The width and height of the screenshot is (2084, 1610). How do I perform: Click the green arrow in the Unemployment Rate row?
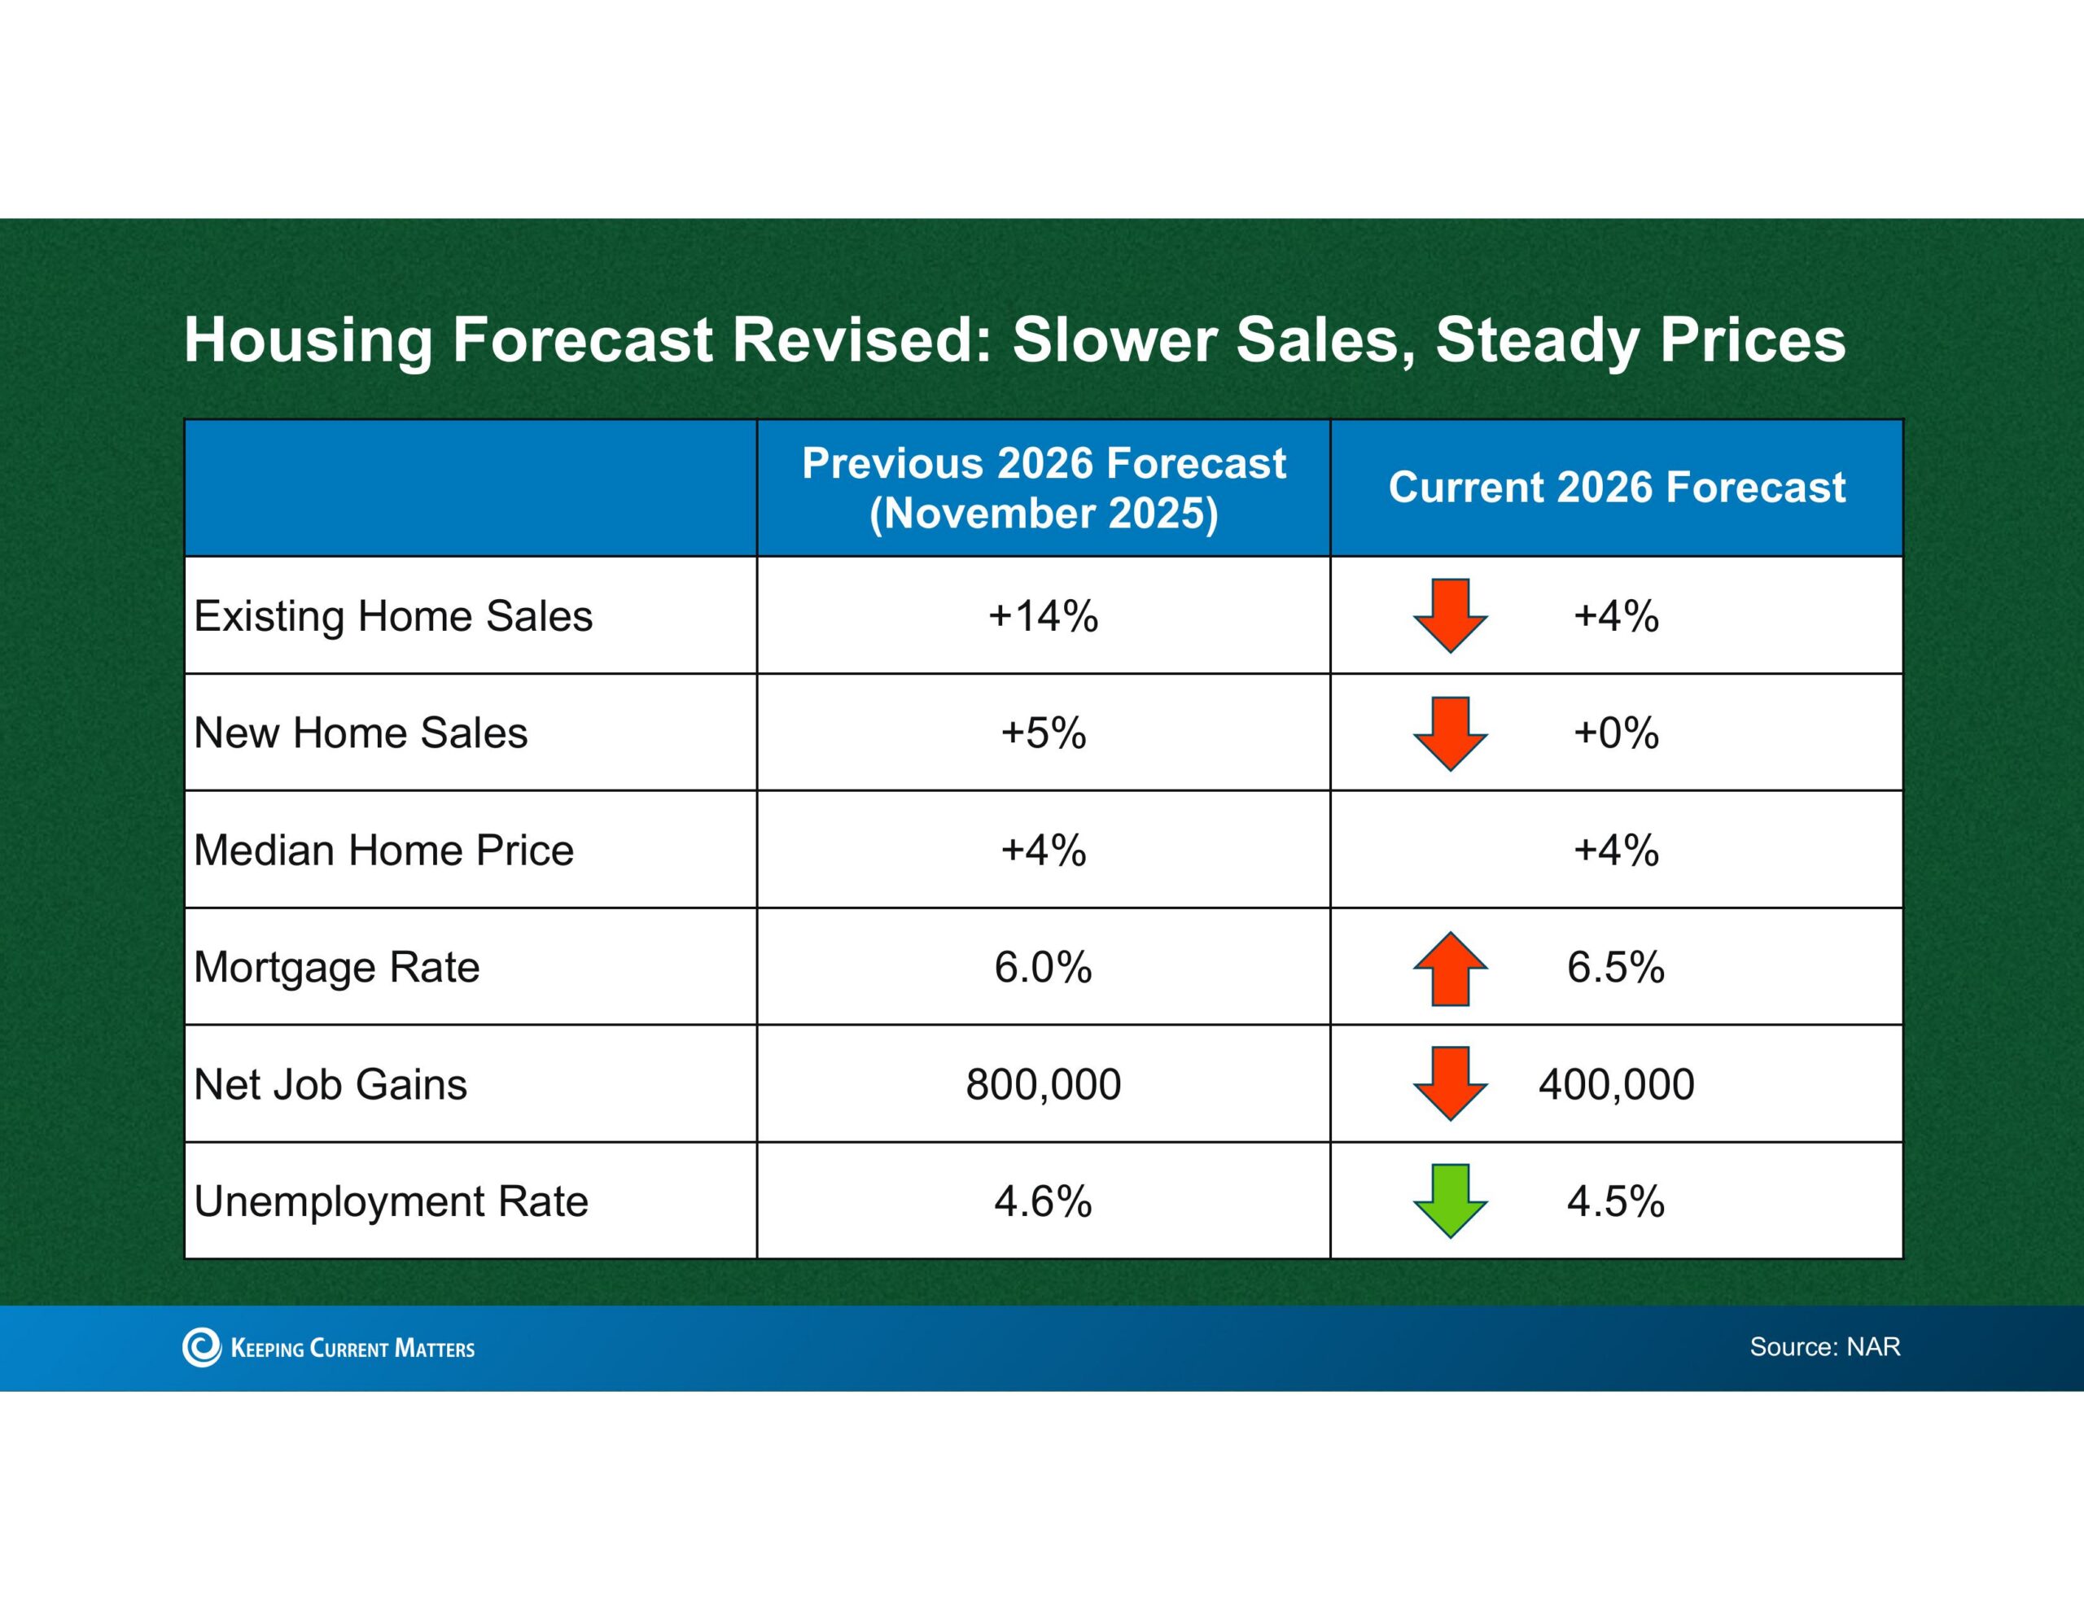(x=1450, y=1201)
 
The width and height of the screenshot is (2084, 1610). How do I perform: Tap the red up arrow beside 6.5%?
(x=1450, y=968)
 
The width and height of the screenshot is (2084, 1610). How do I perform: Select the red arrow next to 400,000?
(x=1450, y=1083)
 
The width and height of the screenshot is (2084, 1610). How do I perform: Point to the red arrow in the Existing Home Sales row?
(x=1450, y=615)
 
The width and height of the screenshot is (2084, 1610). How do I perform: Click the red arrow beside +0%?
(x=1450, y=733)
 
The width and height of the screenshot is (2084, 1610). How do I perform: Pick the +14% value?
(x=1043, y=615)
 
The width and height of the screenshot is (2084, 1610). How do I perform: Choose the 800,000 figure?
(x=1043, y=1084)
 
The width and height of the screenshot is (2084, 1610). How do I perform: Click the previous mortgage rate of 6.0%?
(x=1043, y=967)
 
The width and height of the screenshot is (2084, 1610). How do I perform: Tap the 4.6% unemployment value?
(x=1043, y=1201)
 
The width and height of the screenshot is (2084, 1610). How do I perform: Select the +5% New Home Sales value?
(x=1043, y=733)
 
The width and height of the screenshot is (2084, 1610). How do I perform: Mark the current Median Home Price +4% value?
(x=1617, y=850)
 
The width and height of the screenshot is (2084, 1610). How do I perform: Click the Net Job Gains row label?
(x=331, y=1084)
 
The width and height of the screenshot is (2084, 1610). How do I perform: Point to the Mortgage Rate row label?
(x=337, y=968)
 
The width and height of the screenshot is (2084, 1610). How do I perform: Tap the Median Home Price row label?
(x=383, y=850)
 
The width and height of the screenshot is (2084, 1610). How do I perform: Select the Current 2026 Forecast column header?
(x=1617, y=487)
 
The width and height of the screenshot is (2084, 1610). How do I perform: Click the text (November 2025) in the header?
(x=1043, y=514)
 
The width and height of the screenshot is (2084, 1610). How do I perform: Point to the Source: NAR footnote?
(x=1824, y=1346)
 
